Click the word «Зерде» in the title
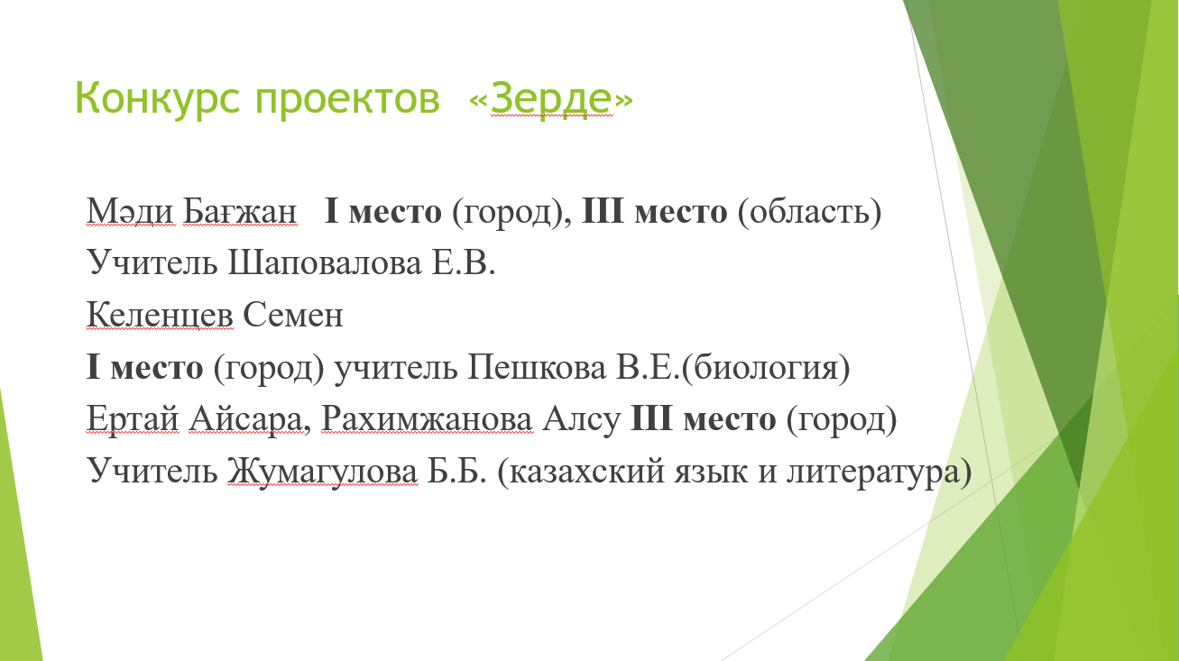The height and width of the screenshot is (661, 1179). [551, 98]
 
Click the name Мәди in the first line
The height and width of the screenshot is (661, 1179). [130, 212]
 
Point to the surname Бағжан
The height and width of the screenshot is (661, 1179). [240, 212]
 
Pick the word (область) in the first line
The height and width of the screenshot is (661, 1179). [809, 212]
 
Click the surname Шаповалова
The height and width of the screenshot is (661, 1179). [325, 263]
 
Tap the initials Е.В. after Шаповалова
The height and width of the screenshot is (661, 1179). [464, 262]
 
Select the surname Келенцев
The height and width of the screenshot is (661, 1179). [160, 316]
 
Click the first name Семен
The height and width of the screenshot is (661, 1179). [292, 316]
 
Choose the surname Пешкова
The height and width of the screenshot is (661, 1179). [537, 367]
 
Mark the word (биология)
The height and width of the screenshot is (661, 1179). [766, 368]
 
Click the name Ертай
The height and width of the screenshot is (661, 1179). [133, 420]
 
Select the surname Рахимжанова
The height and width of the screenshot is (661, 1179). [427, 419]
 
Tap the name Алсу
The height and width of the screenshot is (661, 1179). [581, 420]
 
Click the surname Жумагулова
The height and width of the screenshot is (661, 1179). [323, 471]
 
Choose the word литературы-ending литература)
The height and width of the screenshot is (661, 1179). [879, 472]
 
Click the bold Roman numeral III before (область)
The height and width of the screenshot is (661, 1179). [603, 212]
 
